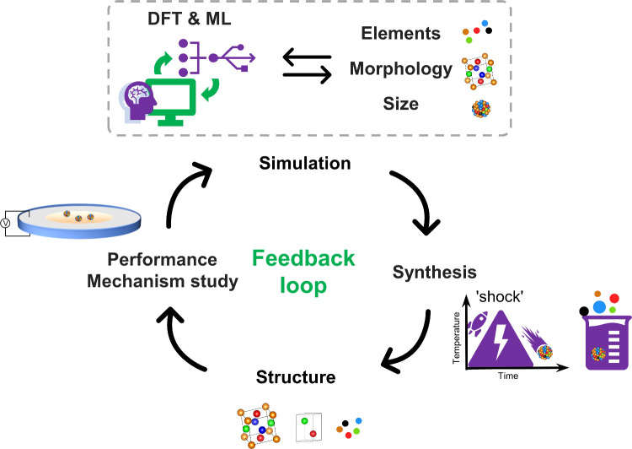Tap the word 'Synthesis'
pos(435,272)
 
